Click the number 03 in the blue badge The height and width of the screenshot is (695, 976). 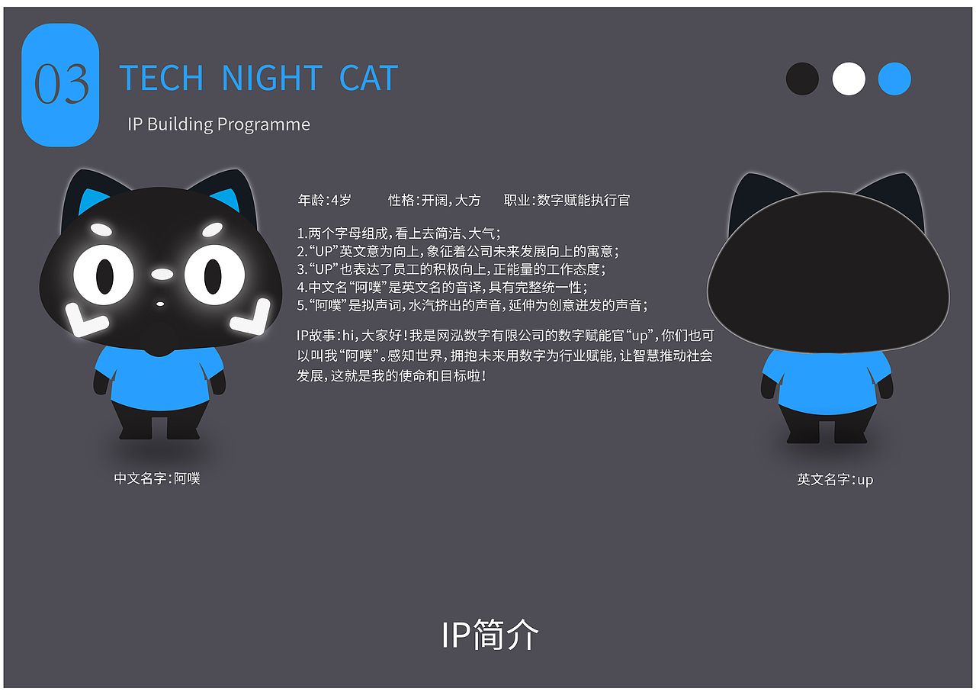61,85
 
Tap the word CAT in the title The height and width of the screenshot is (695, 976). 369,79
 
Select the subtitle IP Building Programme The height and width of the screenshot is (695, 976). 219,124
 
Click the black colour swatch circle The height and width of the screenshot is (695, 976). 802,79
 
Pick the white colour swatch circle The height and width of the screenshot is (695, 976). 849,79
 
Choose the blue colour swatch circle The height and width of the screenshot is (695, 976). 894,79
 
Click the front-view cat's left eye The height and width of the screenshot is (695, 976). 104,275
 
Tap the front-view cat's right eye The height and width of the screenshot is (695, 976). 213,275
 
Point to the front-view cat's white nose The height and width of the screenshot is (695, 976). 162,273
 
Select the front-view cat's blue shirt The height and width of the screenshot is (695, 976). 160,378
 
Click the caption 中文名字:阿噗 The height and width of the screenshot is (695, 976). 157,479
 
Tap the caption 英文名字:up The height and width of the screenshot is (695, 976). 835,480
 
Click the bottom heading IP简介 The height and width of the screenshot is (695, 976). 490,635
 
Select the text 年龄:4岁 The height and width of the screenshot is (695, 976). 325,201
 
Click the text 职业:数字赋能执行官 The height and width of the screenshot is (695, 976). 567,201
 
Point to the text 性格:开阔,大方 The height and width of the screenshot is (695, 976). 435,201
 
